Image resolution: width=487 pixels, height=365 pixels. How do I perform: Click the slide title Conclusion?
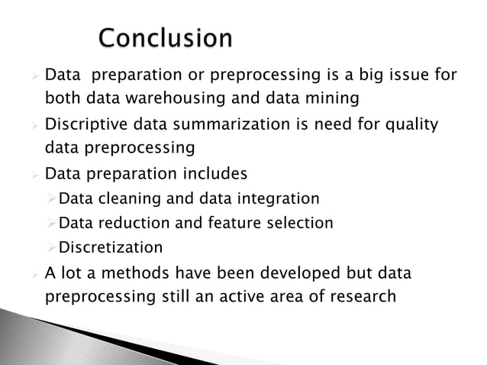[x=166, y=37]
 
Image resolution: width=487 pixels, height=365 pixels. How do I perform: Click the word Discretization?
[x=111, y=247]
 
